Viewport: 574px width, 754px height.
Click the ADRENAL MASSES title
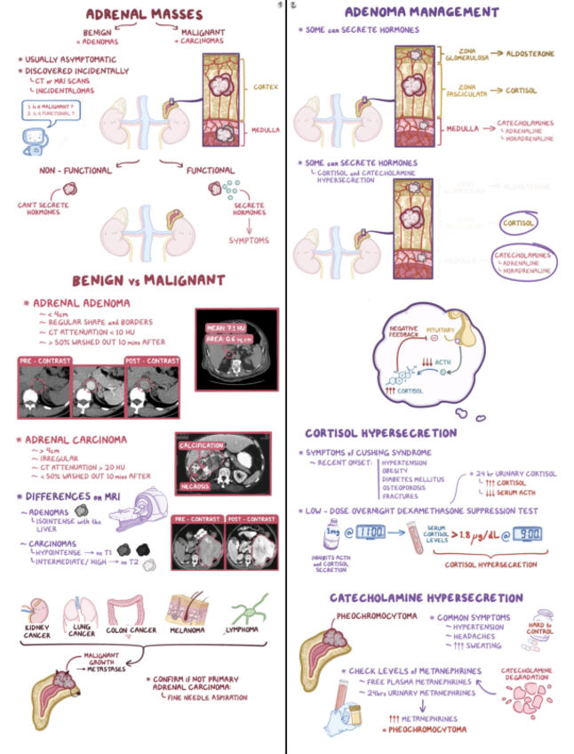click(x=143, y=15)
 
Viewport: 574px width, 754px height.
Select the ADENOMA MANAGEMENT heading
click(x=421, y=12)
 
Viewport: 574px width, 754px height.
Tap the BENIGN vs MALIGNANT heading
click(x=148, y=281)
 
